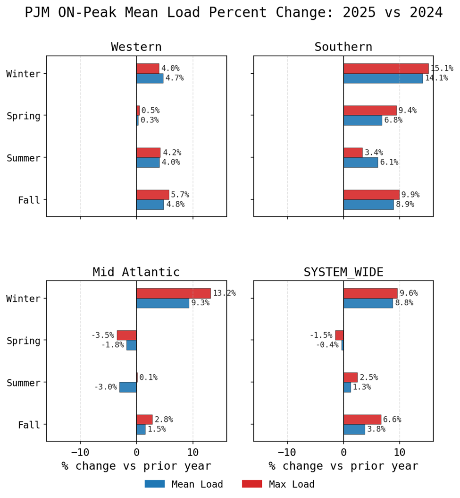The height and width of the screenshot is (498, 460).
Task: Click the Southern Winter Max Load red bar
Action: pos(386,69)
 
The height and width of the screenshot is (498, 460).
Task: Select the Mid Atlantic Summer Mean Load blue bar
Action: pos(128,387)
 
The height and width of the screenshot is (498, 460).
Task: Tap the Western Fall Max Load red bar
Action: pos(152,195)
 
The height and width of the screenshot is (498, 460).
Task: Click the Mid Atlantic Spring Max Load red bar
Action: pos(126,335)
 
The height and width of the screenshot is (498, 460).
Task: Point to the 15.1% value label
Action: pos(442,69)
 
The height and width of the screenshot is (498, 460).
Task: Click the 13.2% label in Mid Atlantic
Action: pos(224,293)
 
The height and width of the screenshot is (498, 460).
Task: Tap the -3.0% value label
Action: pos(105,387)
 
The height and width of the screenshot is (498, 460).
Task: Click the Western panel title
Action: pos(136,47)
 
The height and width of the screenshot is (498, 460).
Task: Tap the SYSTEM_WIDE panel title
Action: pos(343,272)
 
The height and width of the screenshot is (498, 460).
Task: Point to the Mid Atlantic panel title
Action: pos(136,272)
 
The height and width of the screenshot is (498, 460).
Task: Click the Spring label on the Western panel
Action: pos(23,116)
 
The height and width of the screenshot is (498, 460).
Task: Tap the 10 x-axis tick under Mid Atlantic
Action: pos(192,452)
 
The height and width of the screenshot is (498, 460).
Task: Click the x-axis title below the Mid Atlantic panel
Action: pos(136,466)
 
